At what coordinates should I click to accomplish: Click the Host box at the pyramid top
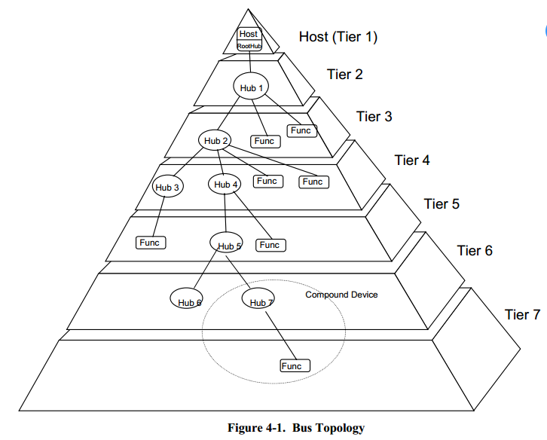[x=249, y=34]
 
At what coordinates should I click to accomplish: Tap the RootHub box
[x=249, y=46]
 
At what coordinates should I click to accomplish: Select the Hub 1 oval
[x=251, y=86]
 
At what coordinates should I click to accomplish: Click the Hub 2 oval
[x=215, y=140]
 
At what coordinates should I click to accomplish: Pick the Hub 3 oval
[x=167, y=186]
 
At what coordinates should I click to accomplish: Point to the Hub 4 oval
[x=225, y=184]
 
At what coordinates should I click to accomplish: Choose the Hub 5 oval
[x=226, y=242]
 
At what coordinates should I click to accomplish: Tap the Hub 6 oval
[x=186, y=298]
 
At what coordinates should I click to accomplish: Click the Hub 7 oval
[x=258, y=298]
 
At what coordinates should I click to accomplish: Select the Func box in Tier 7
[x=295, y=365]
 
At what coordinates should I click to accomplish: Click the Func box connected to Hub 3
[x=151, y=243]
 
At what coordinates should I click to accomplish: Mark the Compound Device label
[x=341, y=295]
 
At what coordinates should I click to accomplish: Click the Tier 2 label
[x=344, y=75]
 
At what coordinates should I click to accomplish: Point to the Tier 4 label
[x=412, y=160]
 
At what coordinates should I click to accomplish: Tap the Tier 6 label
[x=475, y=251]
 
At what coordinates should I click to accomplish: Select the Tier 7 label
[x=522, y=315]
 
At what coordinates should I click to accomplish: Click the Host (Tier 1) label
[x=338, y=37]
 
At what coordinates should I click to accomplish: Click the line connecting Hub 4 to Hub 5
[x=225, y=213]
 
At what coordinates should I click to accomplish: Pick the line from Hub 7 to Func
[x=281, y=336]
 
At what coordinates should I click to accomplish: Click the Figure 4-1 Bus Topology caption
[x=296, y=428]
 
